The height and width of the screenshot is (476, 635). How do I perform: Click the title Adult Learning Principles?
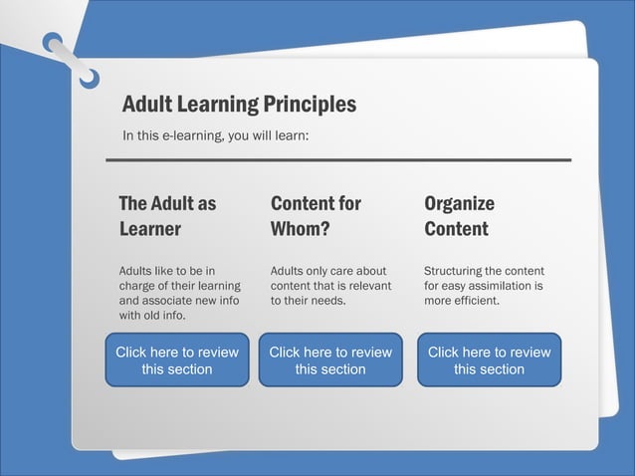[x=239, y=104]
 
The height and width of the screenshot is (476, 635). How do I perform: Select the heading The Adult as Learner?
[x=166, y=216]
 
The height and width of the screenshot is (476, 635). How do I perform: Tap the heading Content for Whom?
[x=316, y=216]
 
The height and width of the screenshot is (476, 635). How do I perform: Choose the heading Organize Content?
[x=459, y=216]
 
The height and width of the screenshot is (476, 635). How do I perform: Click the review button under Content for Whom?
[x=330, y=359]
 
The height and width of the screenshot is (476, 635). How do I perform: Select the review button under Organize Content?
[x=489, y=359]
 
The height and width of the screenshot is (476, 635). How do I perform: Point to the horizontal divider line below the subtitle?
[x=338, y=159]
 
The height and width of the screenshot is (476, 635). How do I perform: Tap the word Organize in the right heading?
[x=459, y=203]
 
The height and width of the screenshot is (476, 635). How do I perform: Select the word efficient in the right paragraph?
[x=474, y=300]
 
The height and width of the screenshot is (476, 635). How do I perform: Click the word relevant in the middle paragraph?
[x=369, y=286]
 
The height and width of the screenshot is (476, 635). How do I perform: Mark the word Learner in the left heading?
[x=149, y=229]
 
